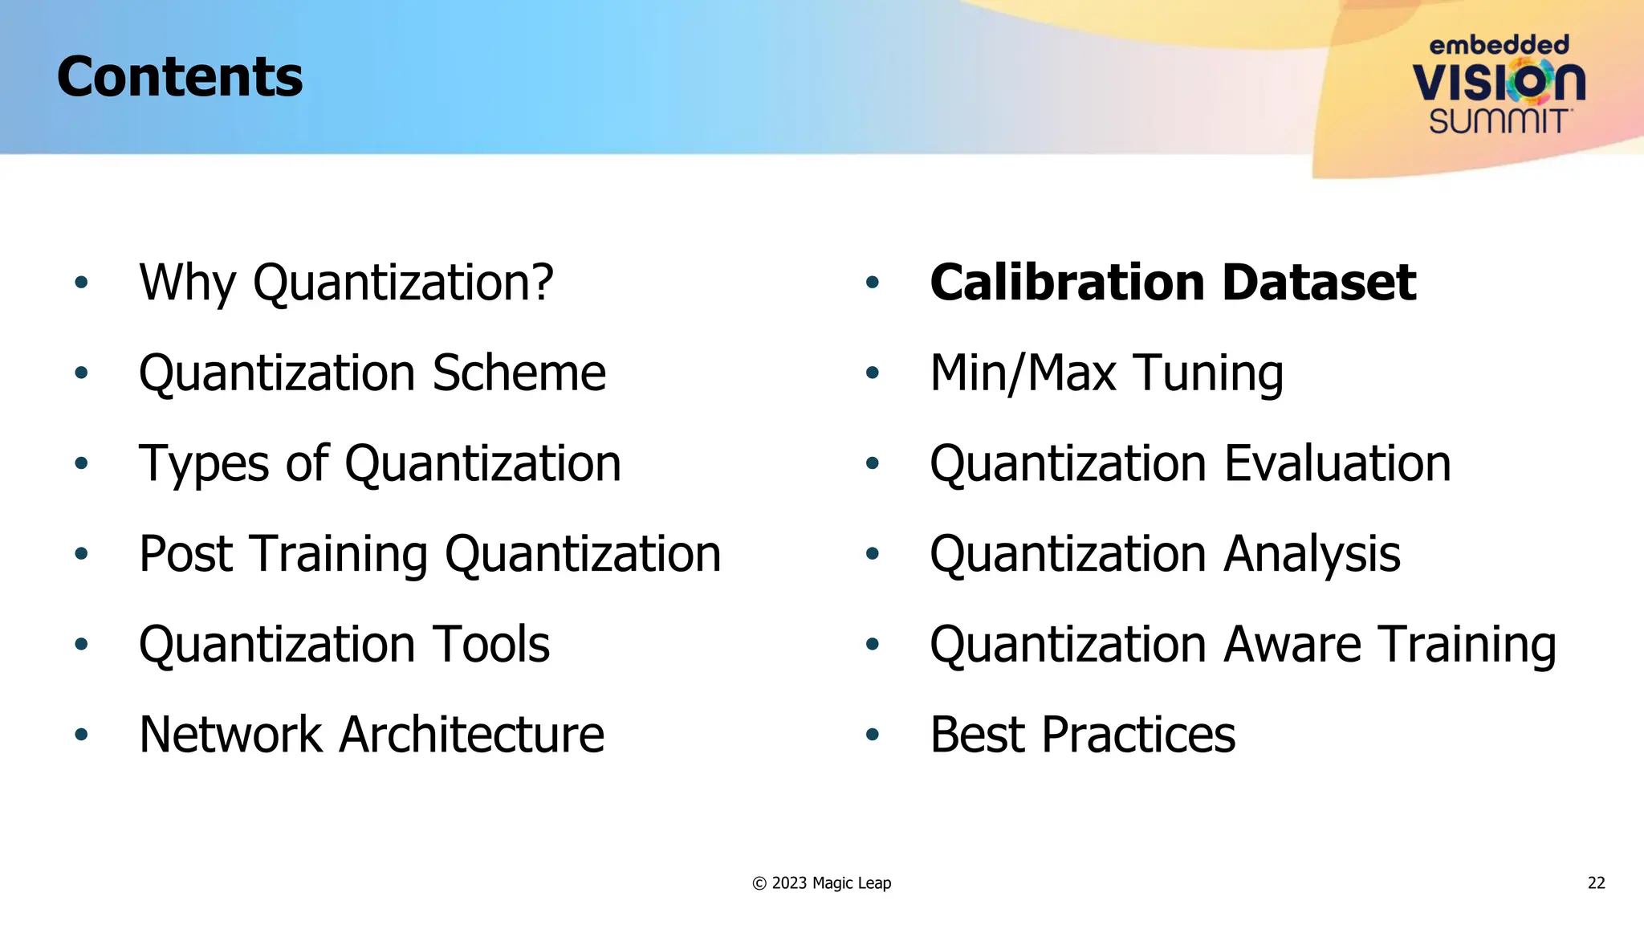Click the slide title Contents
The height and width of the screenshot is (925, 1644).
click(x=180, y=77)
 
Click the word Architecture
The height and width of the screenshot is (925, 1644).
click(x=471, y=735)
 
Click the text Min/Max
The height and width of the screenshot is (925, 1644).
click(x=1023, y=373)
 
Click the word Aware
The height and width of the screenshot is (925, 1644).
click(x=1293, y=645)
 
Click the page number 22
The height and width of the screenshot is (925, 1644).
click(x=1596, y=883)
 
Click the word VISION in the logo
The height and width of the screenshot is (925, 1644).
click(x=1498, y=82)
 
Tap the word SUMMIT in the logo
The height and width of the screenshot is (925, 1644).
click(x=1498, y=121)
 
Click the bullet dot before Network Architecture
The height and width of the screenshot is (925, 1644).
click(x=81, y=735)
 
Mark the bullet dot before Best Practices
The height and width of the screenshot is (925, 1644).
click(x=873, y=735)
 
